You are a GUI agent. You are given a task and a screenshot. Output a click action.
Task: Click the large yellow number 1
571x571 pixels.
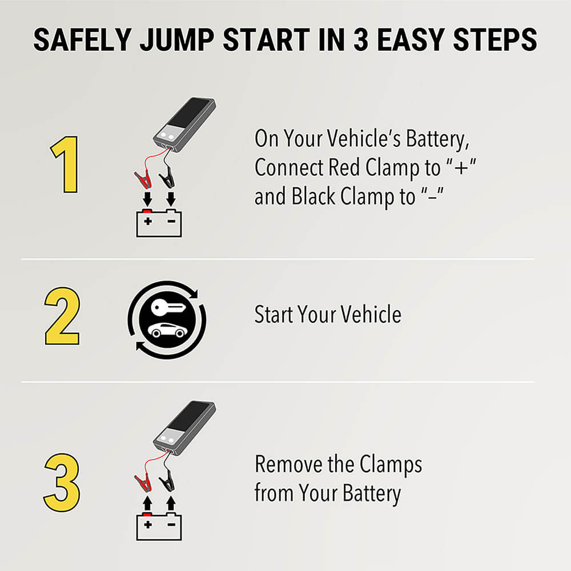click(64, 164)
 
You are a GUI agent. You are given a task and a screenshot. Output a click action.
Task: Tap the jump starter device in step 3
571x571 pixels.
click(183, 427)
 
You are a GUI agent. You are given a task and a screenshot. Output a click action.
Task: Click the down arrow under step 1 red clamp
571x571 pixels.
click(147, 199)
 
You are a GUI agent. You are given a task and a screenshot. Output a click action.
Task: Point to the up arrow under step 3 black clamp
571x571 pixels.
click(170, 504)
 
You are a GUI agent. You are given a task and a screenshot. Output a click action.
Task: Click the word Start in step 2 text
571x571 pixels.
click(275, 315)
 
